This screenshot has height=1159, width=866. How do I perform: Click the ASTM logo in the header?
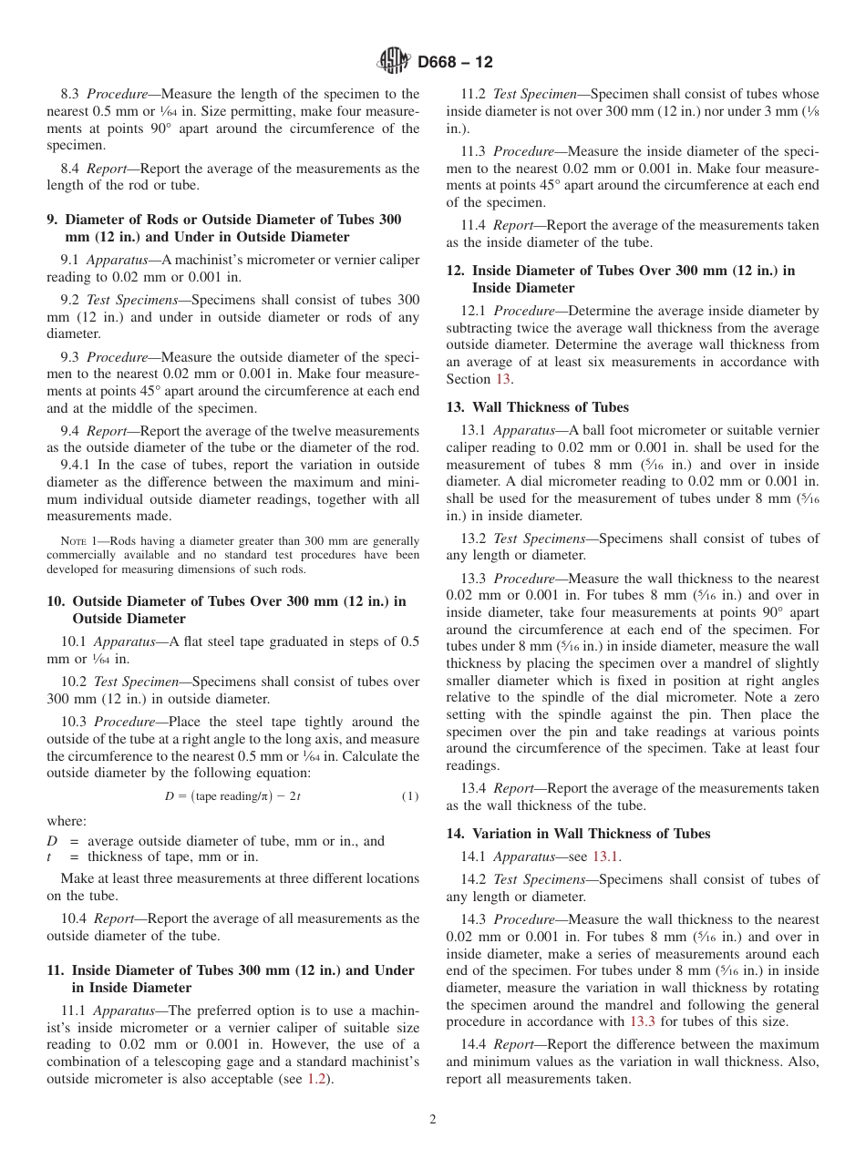pyautogui.click(x=394, y=62)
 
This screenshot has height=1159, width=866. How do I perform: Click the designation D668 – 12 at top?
pyautogui.click(x=455, y=62)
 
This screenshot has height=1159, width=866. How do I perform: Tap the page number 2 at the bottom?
pyautogui.click(x=433, y=1120)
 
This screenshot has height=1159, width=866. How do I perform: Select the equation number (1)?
pyautogui.click(x=409, y=796)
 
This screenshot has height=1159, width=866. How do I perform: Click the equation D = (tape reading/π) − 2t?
pyautogui.click(x=232, y=796)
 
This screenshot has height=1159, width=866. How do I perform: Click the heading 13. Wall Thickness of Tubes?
pyautogui.click(x=537, y=407)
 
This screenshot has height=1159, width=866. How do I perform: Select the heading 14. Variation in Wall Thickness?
pyautogui.click(x=578, y=834)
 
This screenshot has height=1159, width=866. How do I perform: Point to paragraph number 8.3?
pyautogui.click(x=70, y=94)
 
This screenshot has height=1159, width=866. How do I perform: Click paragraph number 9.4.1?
pyautogui.click(x=77, y=465)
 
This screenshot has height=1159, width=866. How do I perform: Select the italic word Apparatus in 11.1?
pyautogui.click(x=117, y=1010)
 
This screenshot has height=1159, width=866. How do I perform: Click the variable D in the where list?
pyautogui.click(x=53, y=841)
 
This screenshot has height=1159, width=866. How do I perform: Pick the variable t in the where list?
pyautogui.click(x=50, y=856)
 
